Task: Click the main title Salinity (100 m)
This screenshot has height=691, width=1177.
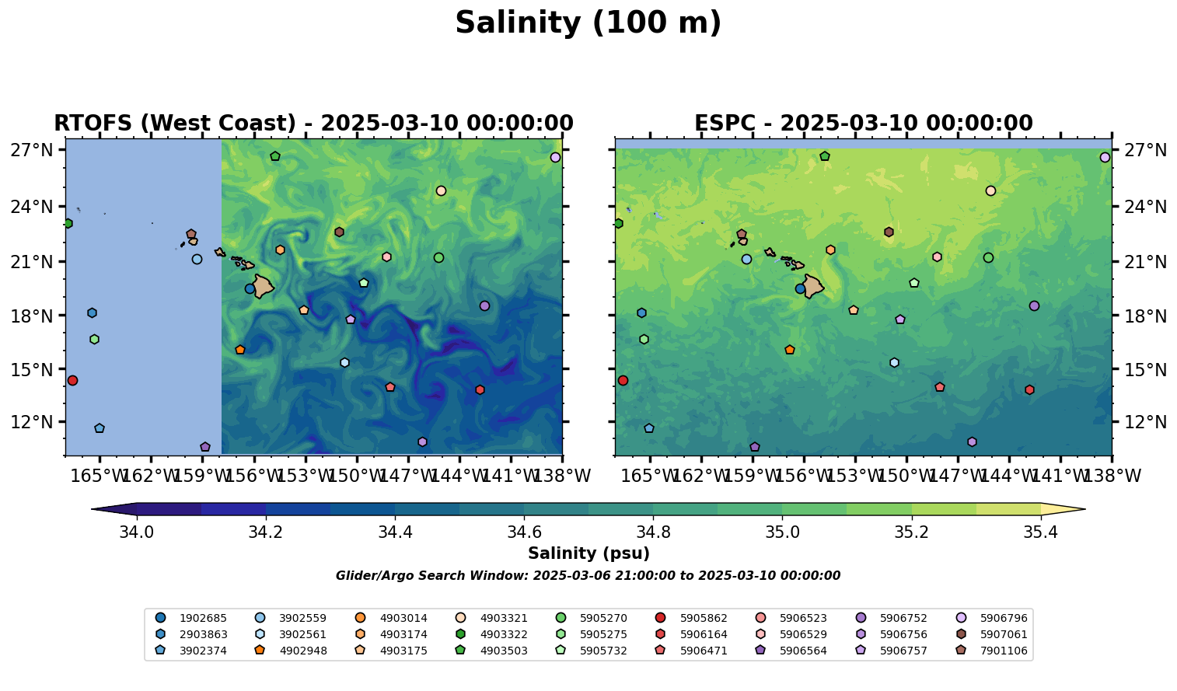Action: (588, 23)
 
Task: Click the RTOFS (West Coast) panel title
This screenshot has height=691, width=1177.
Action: (313, 124)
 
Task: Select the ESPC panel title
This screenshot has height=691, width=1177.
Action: (863, 124)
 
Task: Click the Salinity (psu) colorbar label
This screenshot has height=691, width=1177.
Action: (588, 553)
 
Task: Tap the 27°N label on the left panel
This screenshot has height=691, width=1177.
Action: (32, 150)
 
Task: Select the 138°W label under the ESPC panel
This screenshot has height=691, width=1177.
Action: (1112, 476)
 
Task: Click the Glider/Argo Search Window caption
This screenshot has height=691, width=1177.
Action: (588, 576)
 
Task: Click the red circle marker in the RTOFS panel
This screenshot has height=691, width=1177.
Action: (72, 380)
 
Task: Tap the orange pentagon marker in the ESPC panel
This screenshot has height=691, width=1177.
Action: (790, 350)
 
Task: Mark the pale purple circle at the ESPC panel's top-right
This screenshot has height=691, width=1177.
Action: (1105, 157)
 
